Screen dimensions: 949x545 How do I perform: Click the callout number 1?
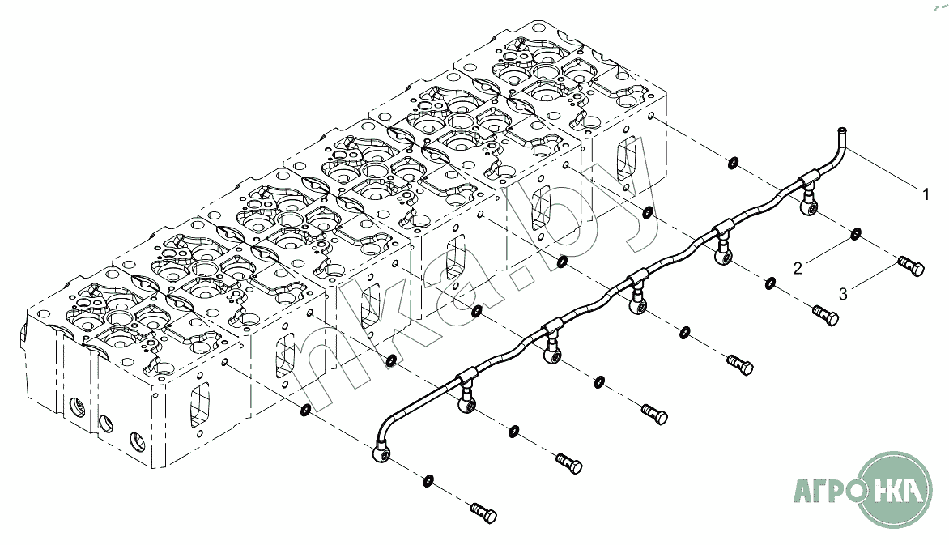926,194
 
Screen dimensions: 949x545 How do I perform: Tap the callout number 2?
798,268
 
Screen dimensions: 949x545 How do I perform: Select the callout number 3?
843,294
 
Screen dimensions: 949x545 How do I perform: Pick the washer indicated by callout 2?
856,234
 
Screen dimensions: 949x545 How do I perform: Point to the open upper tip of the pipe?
841,130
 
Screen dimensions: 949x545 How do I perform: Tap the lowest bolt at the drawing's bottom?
483,513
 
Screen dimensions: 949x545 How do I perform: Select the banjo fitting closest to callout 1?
809,205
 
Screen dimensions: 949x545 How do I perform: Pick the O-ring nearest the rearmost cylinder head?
732,162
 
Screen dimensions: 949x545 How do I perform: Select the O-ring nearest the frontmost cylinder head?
305,411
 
